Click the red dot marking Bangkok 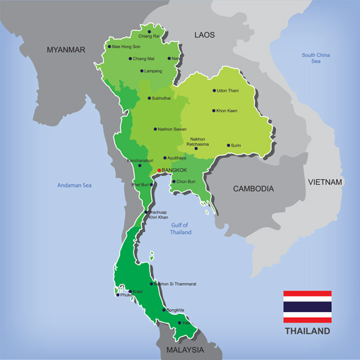160,170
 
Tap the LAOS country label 205,34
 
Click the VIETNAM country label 325,181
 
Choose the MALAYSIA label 185,349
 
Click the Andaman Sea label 75,186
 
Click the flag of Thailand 307,306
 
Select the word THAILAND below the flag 307,330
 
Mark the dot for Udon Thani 213,90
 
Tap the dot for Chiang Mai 130,59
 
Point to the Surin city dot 227,145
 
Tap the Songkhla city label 176,310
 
